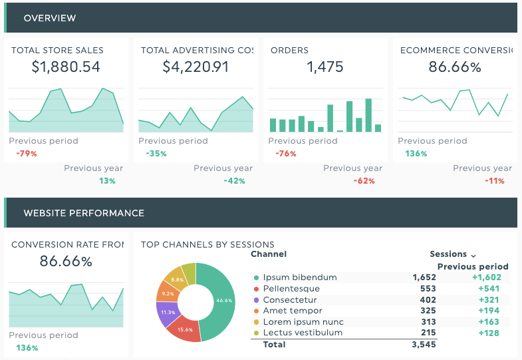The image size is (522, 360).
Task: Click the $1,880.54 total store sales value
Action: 66,67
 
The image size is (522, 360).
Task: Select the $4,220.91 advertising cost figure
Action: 196,67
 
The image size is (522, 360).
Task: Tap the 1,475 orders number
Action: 325,67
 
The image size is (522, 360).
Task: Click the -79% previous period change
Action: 27,154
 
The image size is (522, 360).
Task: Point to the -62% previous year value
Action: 364,181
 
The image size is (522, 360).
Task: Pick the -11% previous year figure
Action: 494,181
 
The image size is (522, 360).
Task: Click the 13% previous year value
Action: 107,181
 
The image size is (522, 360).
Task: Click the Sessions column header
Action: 448,254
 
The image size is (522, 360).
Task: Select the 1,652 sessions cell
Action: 424,277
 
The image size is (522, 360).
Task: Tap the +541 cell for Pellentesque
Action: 489,289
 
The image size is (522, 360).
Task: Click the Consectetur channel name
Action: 290,299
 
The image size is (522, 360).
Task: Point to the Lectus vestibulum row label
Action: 303,332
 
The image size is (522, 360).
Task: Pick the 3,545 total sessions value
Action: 424,344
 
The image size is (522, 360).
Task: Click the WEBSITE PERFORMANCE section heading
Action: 84,213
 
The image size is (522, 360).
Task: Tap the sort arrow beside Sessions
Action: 473,256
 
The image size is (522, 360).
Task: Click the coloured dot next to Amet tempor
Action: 256,311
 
